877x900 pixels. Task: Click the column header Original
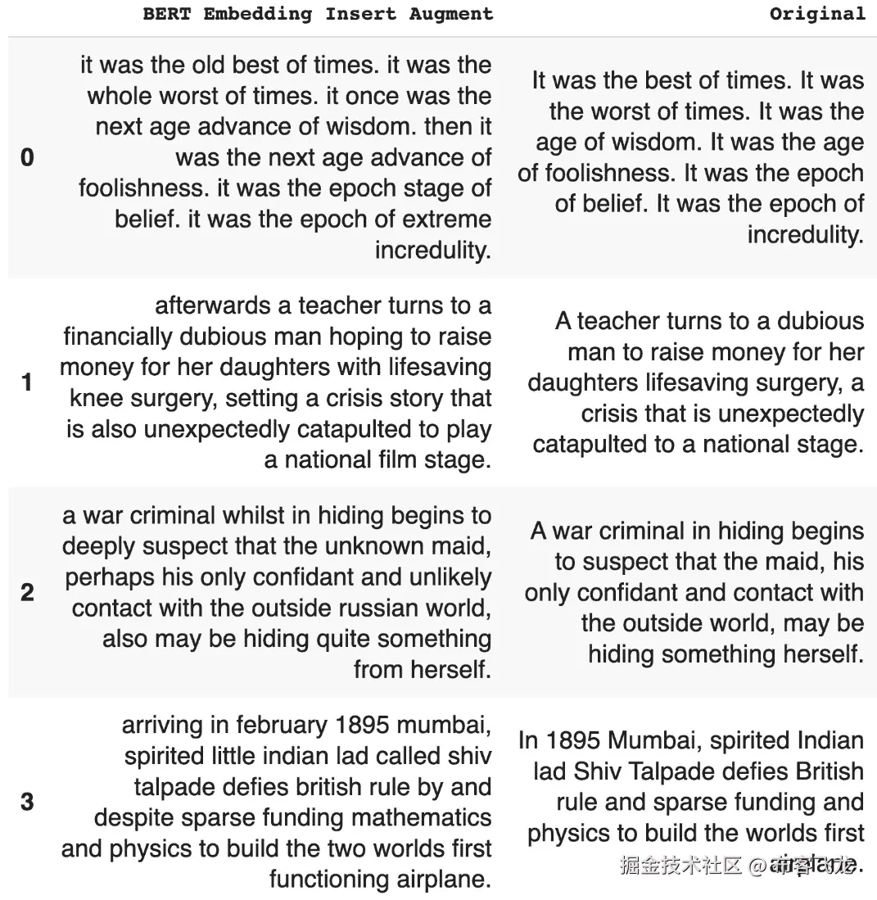click(816, 14)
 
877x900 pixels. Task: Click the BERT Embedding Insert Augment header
click(318, 14)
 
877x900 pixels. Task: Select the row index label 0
click(27, 157)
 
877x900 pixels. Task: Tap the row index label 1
click(27, 382)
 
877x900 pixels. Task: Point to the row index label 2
click(27, 592)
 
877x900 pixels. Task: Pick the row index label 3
click(27, 802)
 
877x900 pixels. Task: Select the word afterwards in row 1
click(212, 306)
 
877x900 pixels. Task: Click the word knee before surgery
click(96, 399)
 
